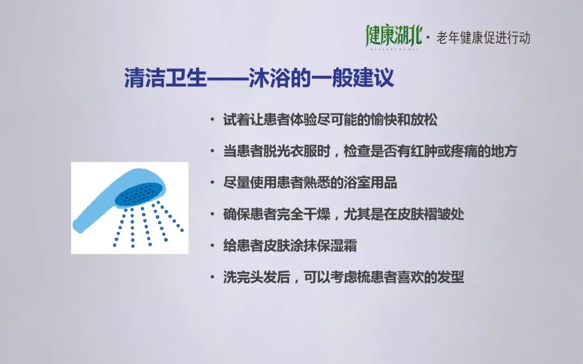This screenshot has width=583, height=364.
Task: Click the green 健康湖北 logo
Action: [394, 37]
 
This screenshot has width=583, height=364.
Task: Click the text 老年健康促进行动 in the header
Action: [483, 38]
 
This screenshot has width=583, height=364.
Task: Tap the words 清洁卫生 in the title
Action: [166, 78]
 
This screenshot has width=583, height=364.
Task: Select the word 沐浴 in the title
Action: [269, 78]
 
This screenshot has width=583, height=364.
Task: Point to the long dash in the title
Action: [228, 78]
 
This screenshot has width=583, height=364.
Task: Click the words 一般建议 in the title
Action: [352, 78]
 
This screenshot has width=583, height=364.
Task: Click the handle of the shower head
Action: [97, 208]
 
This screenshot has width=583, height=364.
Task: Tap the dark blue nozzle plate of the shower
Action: [136, 194]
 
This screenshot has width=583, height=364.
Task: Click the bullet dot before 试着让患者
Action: [212, 120]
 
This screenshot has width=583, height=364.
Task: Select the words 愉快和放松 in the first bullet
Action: [404, 120]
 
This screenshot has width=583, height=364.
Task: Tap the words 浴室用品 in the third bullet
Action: [370, 183]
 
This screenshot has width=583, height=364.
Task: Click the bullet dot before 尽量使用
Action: [212, 183]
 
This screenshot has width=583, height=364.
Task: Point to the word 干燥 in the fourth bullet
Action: [317, 214]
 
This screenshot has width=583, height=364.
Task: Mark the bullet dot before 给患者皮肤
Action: [212, 246]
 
